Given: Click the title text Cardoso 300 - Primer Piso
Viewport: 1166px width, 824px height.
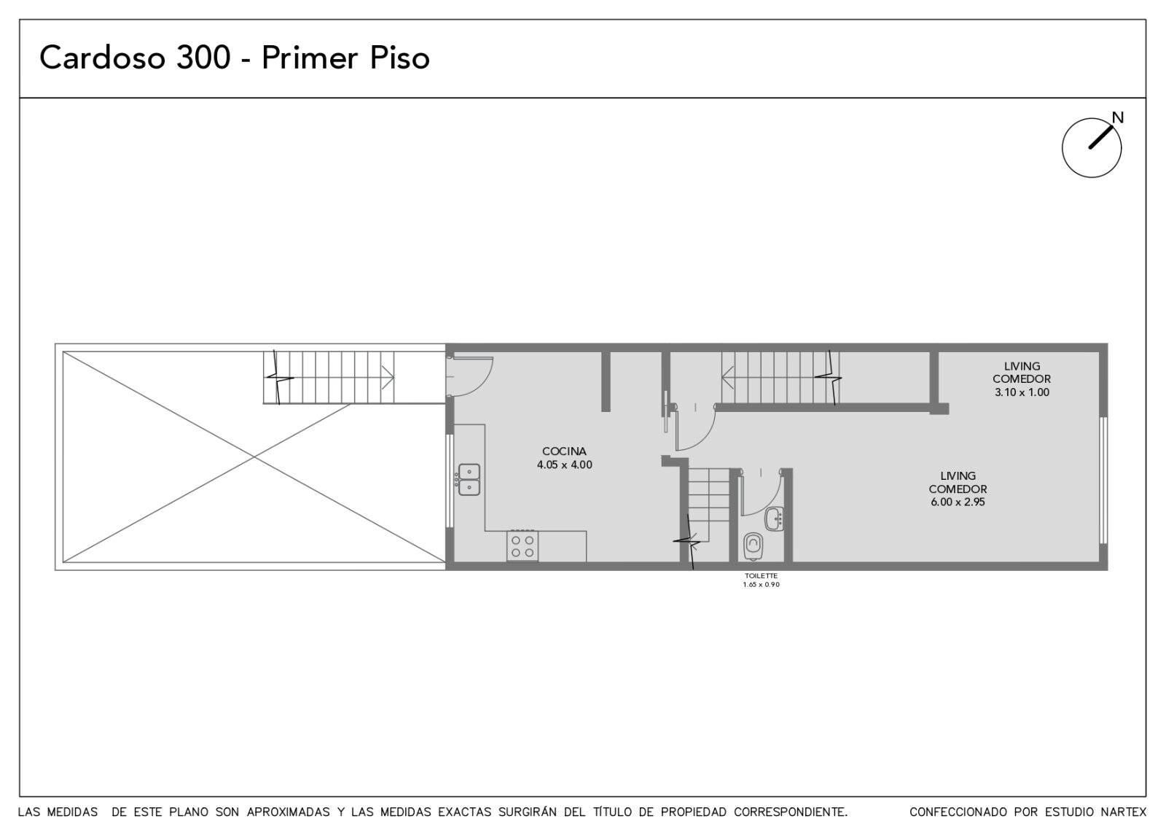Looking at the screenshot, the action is (234, 58).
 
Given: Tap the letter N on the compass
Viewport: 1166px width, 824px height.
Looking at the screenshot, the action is (1118, 117).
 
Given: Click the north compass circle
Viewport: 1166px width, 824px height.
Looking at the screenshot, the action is (1092, 148).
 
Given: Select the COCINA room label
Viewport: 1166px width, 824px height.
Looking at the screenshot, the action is (564, 451).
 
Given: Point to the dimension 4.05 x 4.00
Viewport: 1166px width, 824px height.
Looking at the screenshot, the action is (564, 465).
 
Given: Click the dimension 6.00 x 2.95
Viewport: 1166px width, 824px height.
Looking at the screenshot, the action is (958, 502).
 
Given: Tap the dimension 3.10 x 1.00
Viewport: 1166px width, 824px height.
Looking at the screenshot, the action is (1022, 392).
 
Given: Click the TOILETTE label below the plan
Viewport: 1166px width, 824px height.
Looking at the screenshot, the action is (761, 576).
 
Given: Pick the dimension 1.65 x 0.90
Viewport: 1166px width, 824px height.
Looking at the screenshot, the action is (761, 584).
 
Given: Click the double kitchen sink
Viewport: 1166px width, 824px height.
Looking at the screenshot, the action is (469, 479).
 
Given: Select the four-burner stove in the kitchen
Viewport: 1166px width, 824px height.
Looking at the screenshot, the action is (523, 546).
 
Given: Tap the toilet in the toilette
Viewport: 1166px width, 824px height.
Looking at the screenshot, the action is (754, 545).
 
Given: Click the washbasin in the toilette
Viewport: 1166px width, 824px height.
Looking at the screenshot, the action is (775, 518).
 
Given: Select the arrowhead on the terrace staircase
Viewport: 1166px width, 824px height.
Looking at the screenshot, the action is (388, 377).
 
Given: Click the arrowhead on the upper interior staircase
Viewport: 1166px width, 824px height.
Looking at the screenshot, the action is (728, 378).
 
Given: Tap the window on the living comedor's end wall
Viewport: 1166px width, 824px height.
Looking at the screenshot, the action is (1103, 481).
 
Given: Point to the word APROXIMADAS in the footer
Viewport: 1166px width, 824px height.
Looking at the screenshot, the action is (289, 812).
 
